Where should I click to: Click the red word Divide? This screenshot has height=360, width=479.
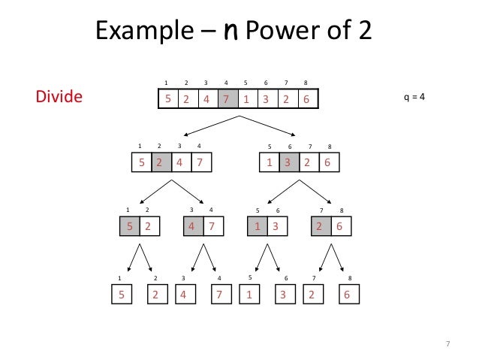click(x=59, y=98)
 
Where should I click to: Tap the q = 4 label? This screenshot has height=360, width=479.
click(x=414, y=98)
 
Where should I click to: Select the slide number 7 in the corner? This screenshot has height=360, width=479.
click(x=447, y=344)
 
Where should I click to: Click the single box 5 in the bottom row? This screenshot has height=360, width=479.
click(x=120, y=295)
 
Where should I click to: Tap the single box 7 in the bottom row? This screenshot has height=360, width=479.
click(x=219, y=295)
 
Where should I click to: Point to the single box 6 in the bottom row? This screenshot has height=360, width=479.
click(x=347, y=295)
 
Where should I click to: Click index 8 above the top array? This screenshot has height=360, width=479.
click(x=306, y=82)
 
